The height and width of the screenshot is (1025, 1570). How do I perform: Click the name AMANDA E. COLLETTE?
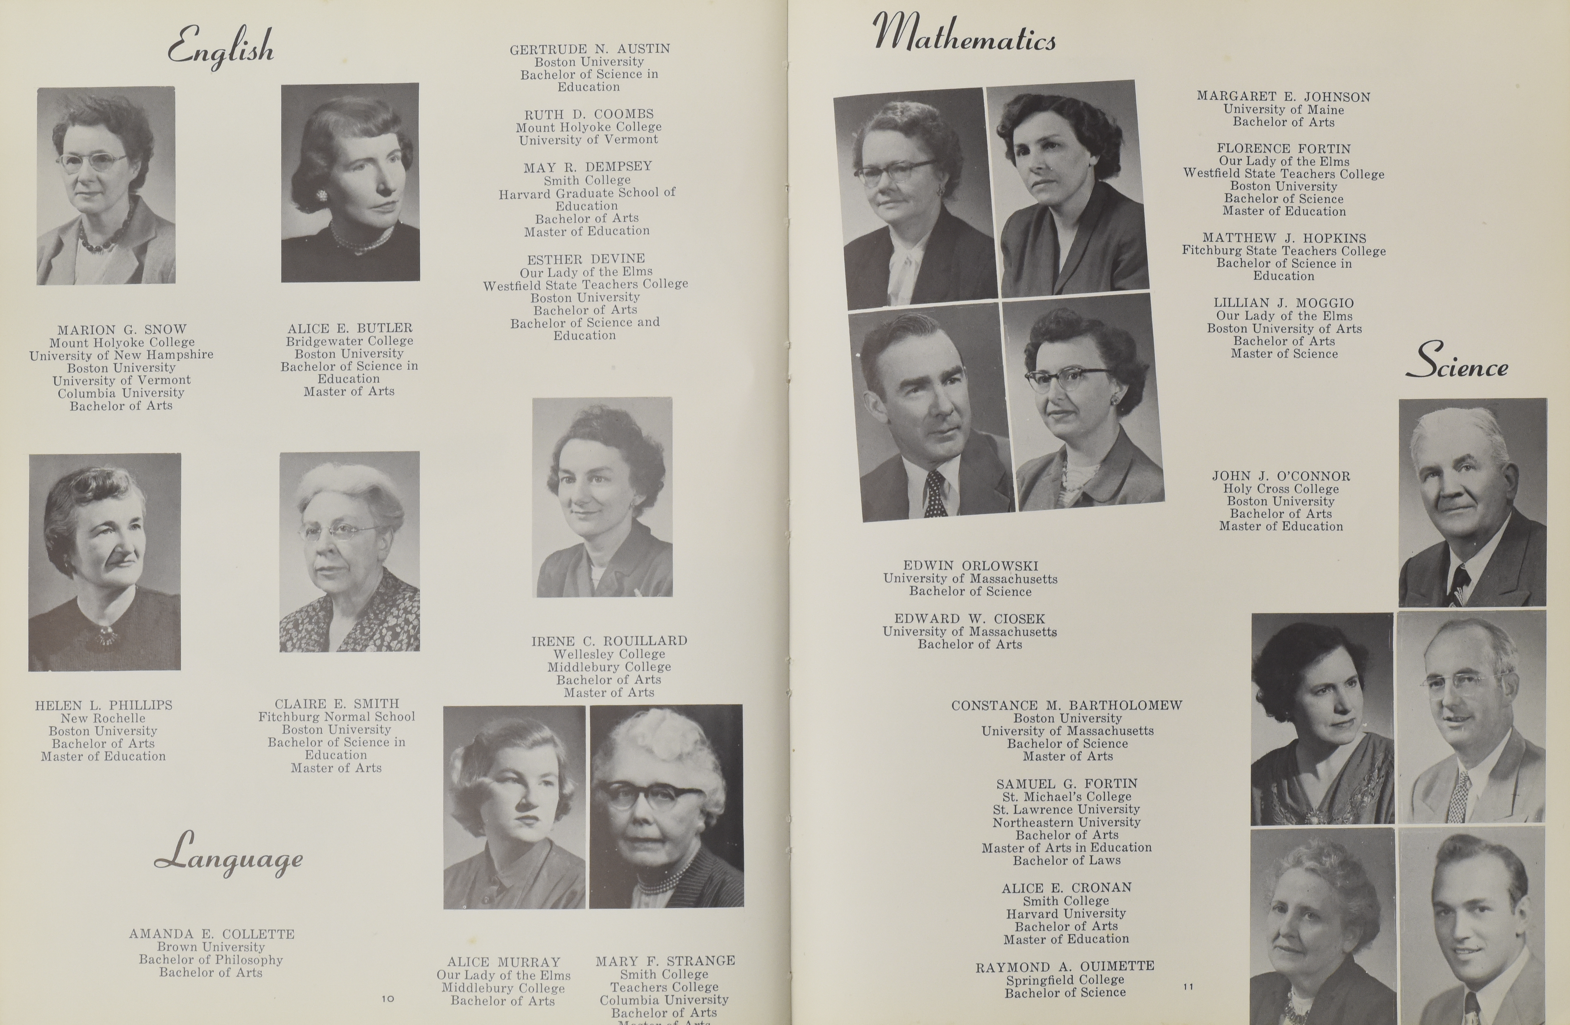pyautogui.click(x=212, y=934)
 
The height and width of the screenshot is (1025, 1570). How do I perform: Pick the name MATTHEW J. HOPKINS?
pyautogui.click(x=1284, y=238)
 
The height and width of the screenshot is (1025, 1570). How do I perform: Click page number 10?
pyautogui.click(x=388, y=999)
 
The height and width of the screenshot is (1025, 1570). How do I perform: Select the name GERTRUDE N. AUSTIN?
pyautogui.click(x=589, y=49)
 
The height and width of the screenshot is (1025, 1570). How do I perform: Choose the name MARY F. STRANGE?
pyautogui.click(x=665, y=961)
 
